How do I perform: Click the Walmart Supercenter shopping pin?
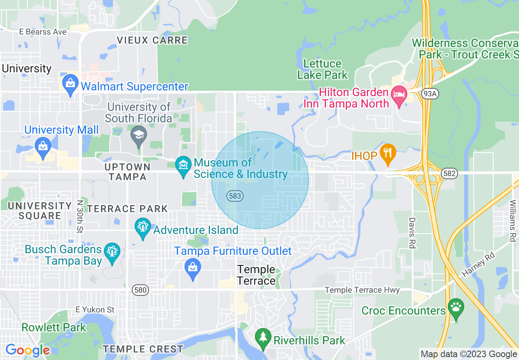pyautogui.click(x=70, y=85)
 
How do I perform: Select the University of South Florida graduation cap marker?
pyautogui.click(x=138, y=136)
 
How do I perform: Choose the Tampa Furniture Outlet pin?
pyautogui.click(x=192, y=269)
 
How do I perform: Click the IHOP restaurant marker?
pyautogui.click(x=387, y=153)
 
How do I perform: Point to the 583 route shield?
pyautogui.click(x=235, y=196)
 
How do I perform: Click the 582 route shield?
pyautogui.click(x=449, y=174)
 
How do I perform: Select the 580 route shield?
pyautogui.click(x=140, y=290)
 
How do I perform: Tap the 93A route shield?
pyautogui.click(x=431, y=94)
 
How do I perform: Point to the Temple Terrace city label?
pyautogui.click(x=257, y=275)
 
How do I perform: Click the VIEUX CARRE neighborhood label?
pyautogui.click(x=152, y=40)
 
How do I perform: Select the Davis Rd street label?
pyautogui.click(x=412, y=232)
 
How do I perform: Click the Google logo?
pyautogui.click(x=27, y=350)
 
